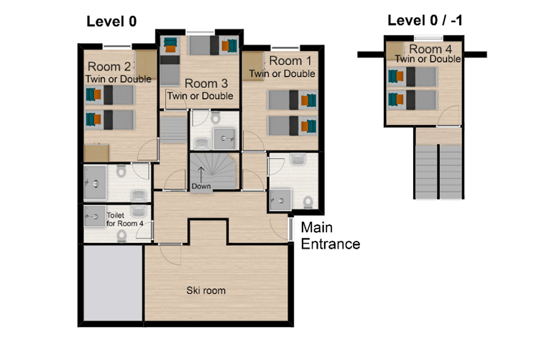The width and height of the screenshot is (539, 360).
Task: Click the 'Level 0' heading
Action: point(111,22)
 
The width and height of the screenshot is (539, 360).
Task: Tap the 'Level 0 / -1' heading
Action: point(425,20)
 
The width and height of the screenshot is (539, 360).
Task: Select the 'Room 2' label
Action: point(109,66)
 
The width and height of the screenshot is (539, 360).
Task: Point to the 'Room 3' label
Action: point(206,83)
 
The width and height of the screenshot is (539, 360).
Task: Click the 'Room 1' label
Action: point(290,60)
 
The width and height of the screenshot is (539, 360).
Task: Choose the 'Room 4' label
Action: point(430,49)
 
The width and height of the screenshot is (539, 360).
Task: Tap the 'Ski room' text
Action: point(206,290)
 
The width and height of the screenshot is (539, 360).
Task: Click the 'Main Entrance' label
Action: point(331,236)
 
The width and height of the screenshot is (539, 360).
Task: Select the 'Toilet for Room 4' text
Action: point(125,219)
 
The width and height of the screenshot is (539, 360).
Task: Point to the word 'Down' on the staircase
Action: point(201,186)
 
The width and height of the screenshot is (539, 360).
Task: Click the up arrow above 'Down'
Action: point(201,175)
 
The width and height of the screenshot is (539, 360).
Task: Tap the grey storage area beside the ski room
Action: point(113,282)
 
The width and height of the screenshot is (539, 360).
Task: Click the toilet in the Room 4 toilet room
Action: point(121,236)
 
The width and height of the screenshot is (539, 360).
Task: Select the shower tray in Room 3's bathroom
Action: point(224,139)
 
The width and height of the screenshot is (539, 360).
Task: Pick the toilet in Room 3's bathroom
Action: point(216,117)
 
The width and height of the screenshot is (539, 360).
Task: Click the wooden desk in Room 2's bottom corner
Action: point(96,153)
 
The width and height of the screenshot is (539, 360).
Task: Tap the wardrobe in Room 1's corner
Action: point(253,66)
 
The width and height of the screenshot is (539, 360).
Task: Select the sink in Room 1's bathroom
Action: point(298,159)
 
